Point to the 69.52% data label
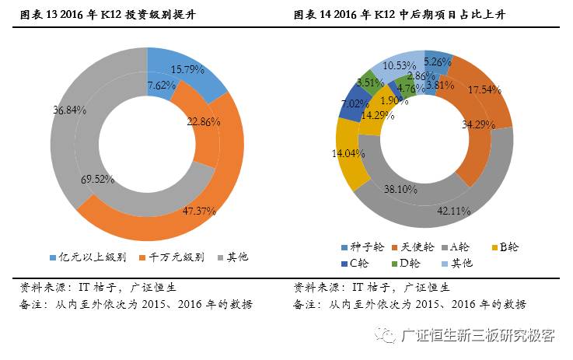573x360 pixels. (x=98, y=179)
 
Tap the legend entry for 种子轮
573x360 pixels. (x=363, y=247)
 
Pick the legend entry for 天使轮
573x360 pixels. (x=414, y=247)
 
